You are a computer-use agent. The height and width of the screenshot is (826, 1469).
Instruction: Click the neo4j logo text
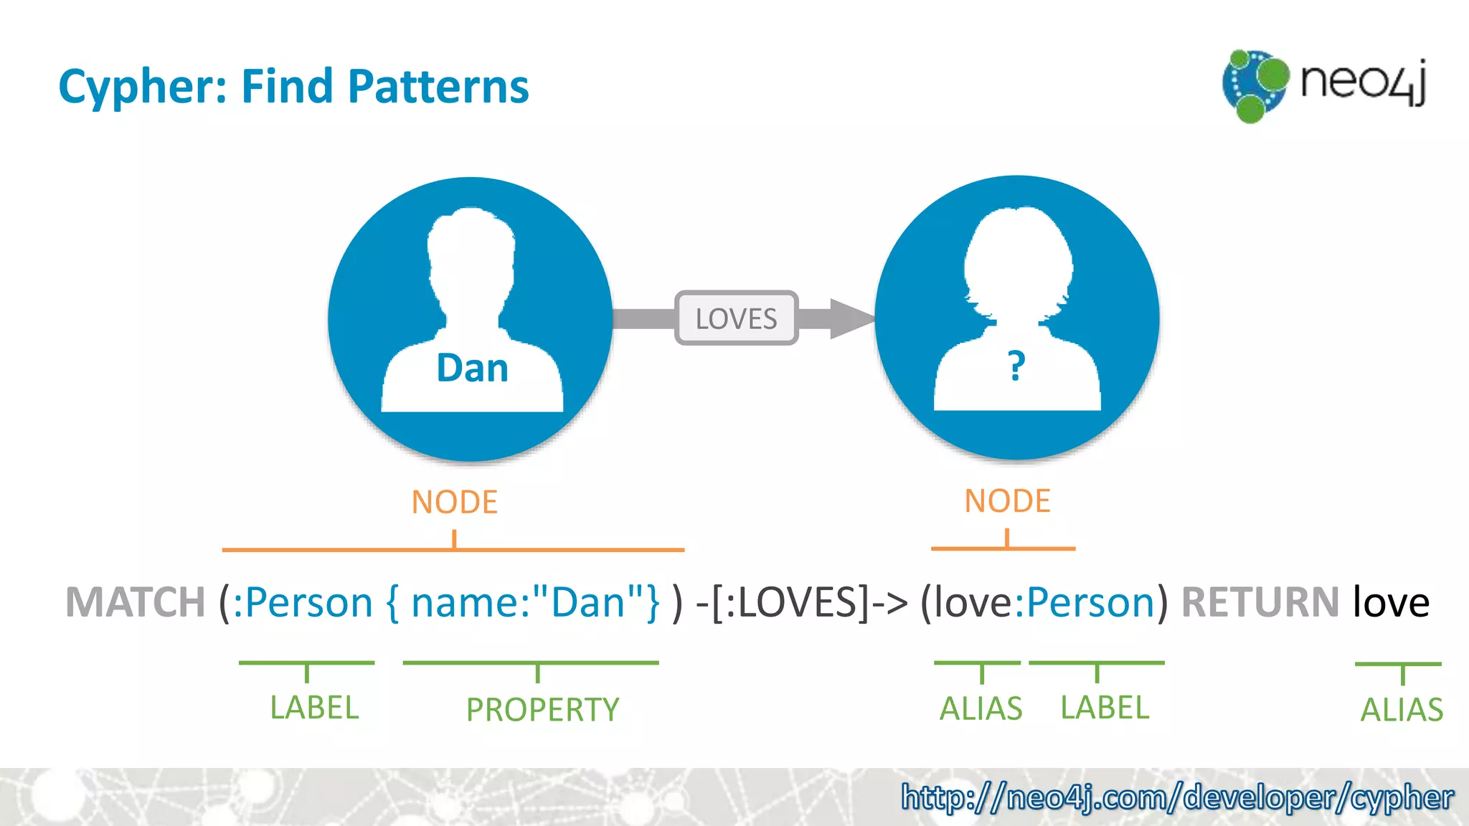click(x=1363, y=82)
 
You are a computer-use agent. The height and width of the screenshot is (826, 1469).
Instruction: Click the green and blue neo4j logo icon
click(x=1255, y=85)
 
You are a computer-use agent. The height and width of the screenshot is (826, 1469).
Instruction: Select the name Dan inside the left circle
click(x=472, y=369)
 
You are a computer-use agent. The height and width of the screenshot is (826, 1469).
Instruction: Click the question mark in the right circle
click(x=1016, y=366)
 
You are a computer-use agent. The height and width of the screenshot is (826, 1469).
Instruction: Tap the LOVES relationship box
click(x=736, y=318)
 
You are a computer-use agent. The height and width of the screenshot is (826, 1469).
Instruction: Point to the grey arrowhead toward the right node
click(x=851, y=318)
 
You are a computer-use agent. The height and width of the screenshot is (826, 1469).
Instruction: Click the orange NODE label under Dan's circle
click(x=454, y=502)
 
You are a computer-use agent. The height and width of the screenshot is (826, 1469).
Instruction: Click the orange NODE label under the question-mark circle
click(x=1007, y=500)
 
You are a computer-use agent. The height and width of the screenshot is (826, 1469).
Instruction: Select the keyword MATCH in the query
click(x=136, y=602)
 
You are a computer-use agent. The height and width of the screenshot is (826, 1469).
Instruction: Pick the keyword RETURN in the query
click(x=1260, y=602)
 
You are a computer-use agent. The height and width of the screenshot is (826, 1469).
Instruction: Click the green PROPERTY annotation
click(x=542, y=710)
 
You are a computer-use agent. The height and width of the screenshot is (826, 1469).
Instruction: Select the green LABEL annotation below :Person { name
click(x=314, y=708)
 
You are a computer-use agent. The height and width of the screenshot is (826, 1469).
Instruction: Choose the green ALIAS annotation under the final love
click(x=1402, y=710)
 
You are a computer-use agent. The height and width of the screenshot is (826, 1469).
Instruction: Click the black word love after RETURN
click(x=1391, y=602)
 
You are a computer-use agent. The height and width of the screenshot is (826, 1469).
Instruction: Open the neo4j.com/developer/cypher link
click(x=1176, y=797)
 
